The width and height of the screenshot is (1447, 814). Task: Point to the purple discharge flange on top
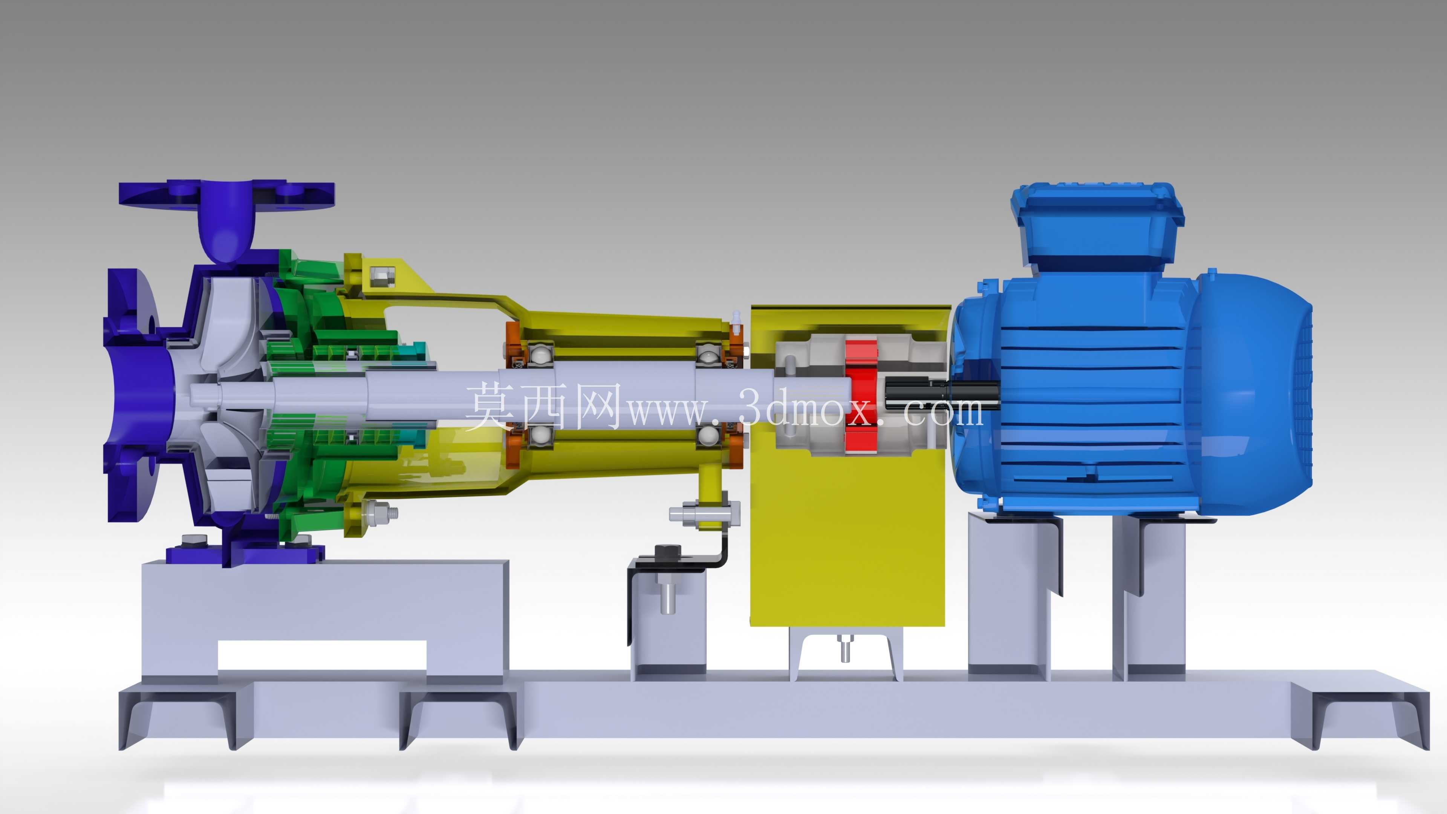pos(227,193)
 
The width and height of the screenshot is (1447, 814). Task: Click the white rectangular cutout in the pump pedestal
pos(322,655)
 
